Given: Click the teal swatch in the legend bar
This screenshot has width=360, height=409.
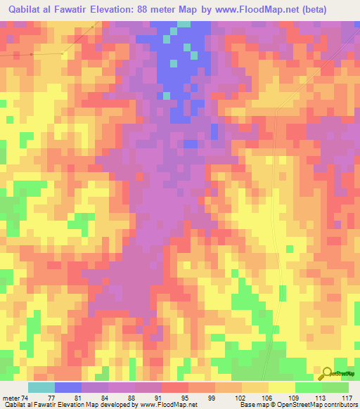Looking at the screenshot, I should (41, 387).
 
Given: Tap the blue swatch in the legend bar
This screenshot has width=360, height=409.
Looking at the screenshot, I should (68, 387).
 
